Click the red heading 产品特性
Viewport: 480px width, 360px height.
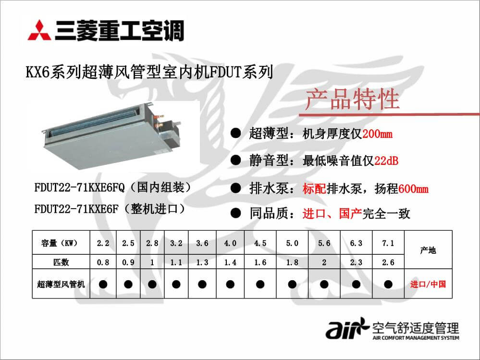click(x=352, y=99)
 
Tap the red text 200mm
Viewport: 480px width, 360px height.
click(x=377, y=134)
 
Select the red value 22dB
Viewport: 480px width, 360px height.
click(x=386, y=161)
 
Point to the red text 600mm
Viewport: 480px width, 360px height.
click(x=413, y=189)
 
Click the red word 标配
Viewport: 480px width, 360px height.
click(x=314, y=188)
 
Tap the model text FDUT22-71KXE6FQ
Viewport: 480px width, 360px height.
click(x=80, y=187)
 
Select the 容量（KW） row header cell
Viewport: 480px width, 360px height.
click(x=61, y=243)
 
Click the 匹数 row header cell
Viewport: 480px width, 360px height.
click(x=61, y=262)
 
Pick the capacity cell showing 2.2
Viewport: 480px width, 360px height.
click(x=103, y=243)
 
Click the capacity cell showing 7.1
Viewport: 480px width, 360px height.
click(x=388, y=243)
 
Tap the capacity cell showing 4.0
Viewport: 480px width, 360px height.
click(x=230, y=243)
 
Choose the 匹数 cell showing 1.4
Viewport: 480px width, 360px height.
click(x=230, y=262)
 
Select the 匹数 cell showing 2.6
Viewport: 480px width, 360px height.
click(x=388, y=262)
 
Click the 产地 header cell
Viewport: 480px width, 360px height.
click(x=428, y=250)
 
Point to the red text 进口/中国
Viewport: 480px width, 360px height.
click(x=428, y=284)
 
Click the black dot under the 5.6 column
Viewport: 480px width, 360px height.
click(x=324, y=285)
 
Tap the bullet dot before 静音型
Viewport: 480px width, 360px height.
click(x=235, y=160)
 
